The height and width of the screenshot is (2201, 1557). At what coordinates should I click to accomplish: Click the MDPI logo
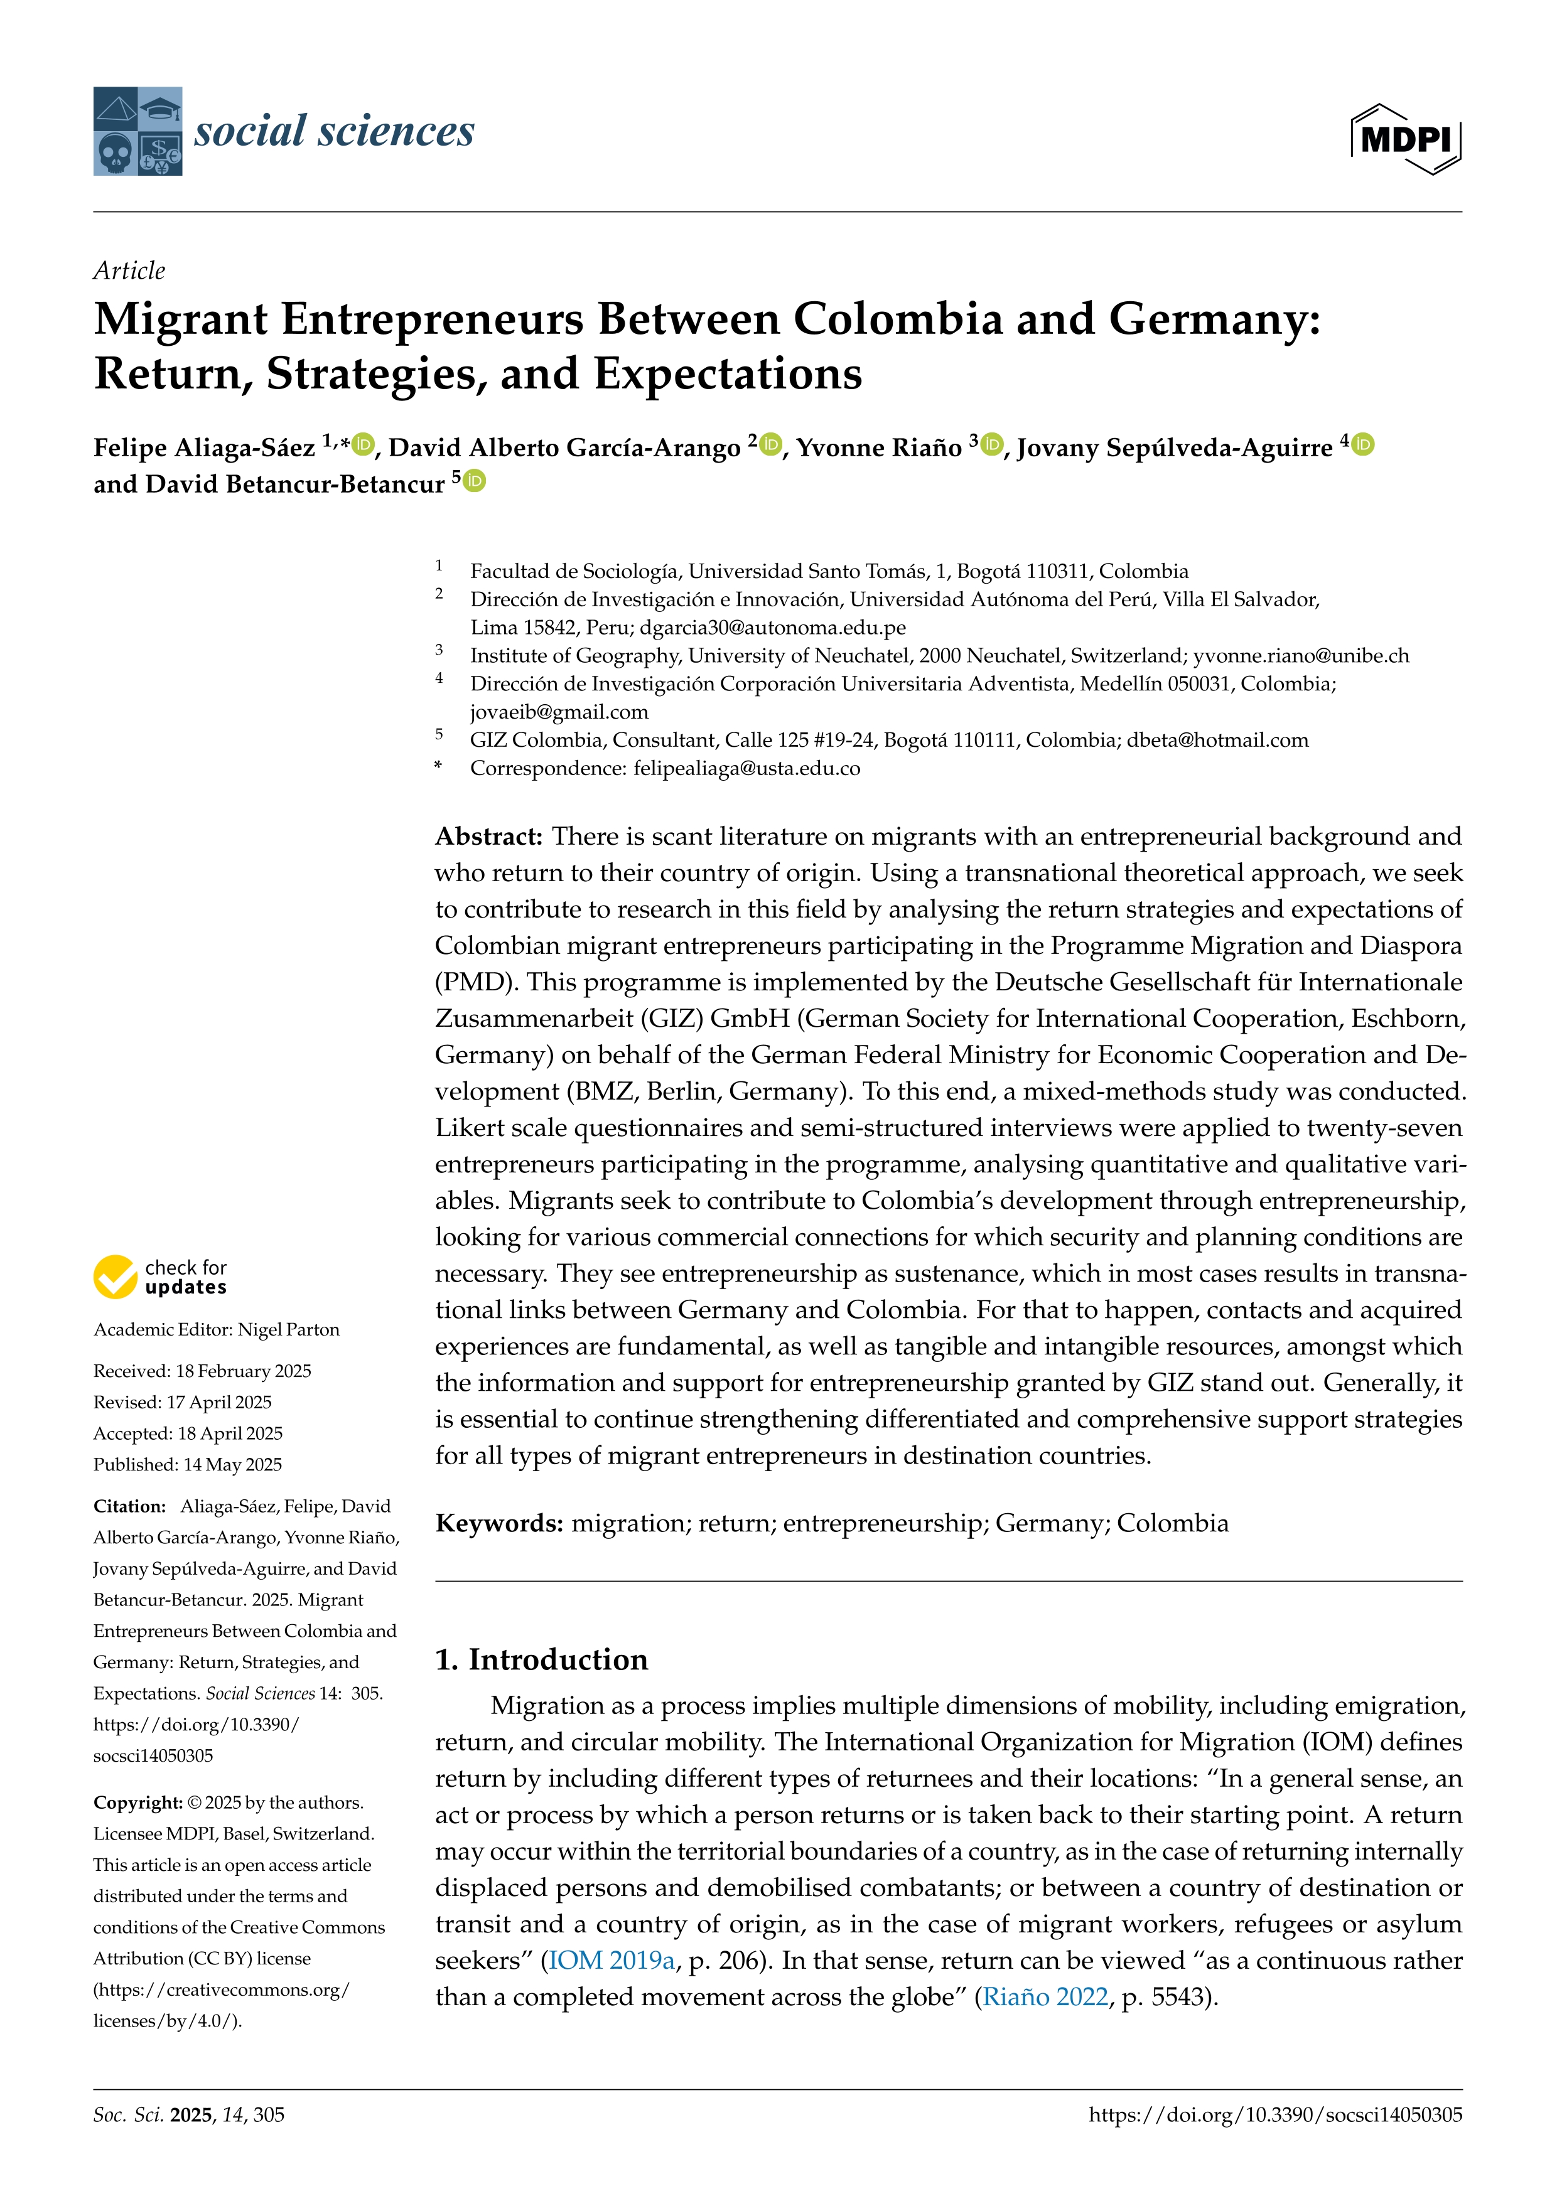click(1406, 139)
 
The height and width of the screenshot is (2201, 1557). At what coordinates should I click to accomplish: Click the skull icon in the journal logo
click(114, 153)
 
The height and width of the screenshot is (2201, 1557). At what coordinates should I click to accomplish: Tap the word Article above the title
click(129, 270)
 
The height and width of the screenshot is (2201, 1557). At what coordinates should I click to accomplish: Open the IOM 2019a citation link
click(611, 1961)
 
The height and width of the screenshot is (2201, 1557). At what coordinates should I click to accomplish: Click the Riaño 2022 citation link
click(1045, 1997)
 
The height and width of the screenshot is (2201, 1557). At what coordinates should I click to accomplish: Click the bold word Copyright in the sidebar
click(137, 1802)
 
